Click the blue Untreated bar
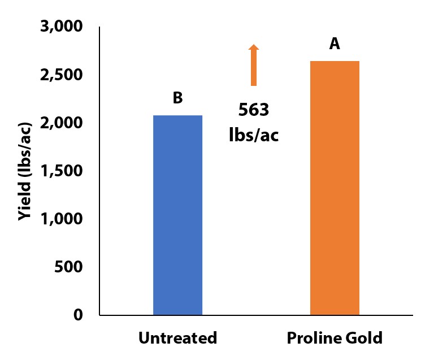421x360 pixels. pos(177,215)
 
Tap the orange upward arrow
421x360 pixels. pos(254,65)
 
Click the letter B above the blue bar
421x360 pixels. pos(177,98)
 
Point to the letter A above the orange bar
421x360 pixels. pos(335,44)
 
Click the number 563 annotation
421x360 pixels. pos(254,110)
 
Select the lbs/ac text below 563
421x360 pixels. pos(254,136)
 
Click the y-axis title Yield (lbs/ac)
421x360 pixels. pos(24,171)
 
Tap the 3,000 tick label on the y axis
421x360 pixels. pos(62,27)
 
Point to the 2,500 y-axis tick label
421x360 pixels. pos(62,75)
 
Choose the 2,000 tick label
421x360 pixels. pos(62,123)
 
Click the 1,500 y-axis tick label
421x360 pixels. pos(62,171)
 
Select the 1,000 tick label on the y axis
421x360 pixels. pos(62,219)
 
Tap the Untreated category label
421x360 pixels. pos(177,339)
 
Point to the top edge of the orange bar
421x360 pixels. pos(335,61)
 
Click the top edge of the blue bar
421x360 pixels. pos(177,115)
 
